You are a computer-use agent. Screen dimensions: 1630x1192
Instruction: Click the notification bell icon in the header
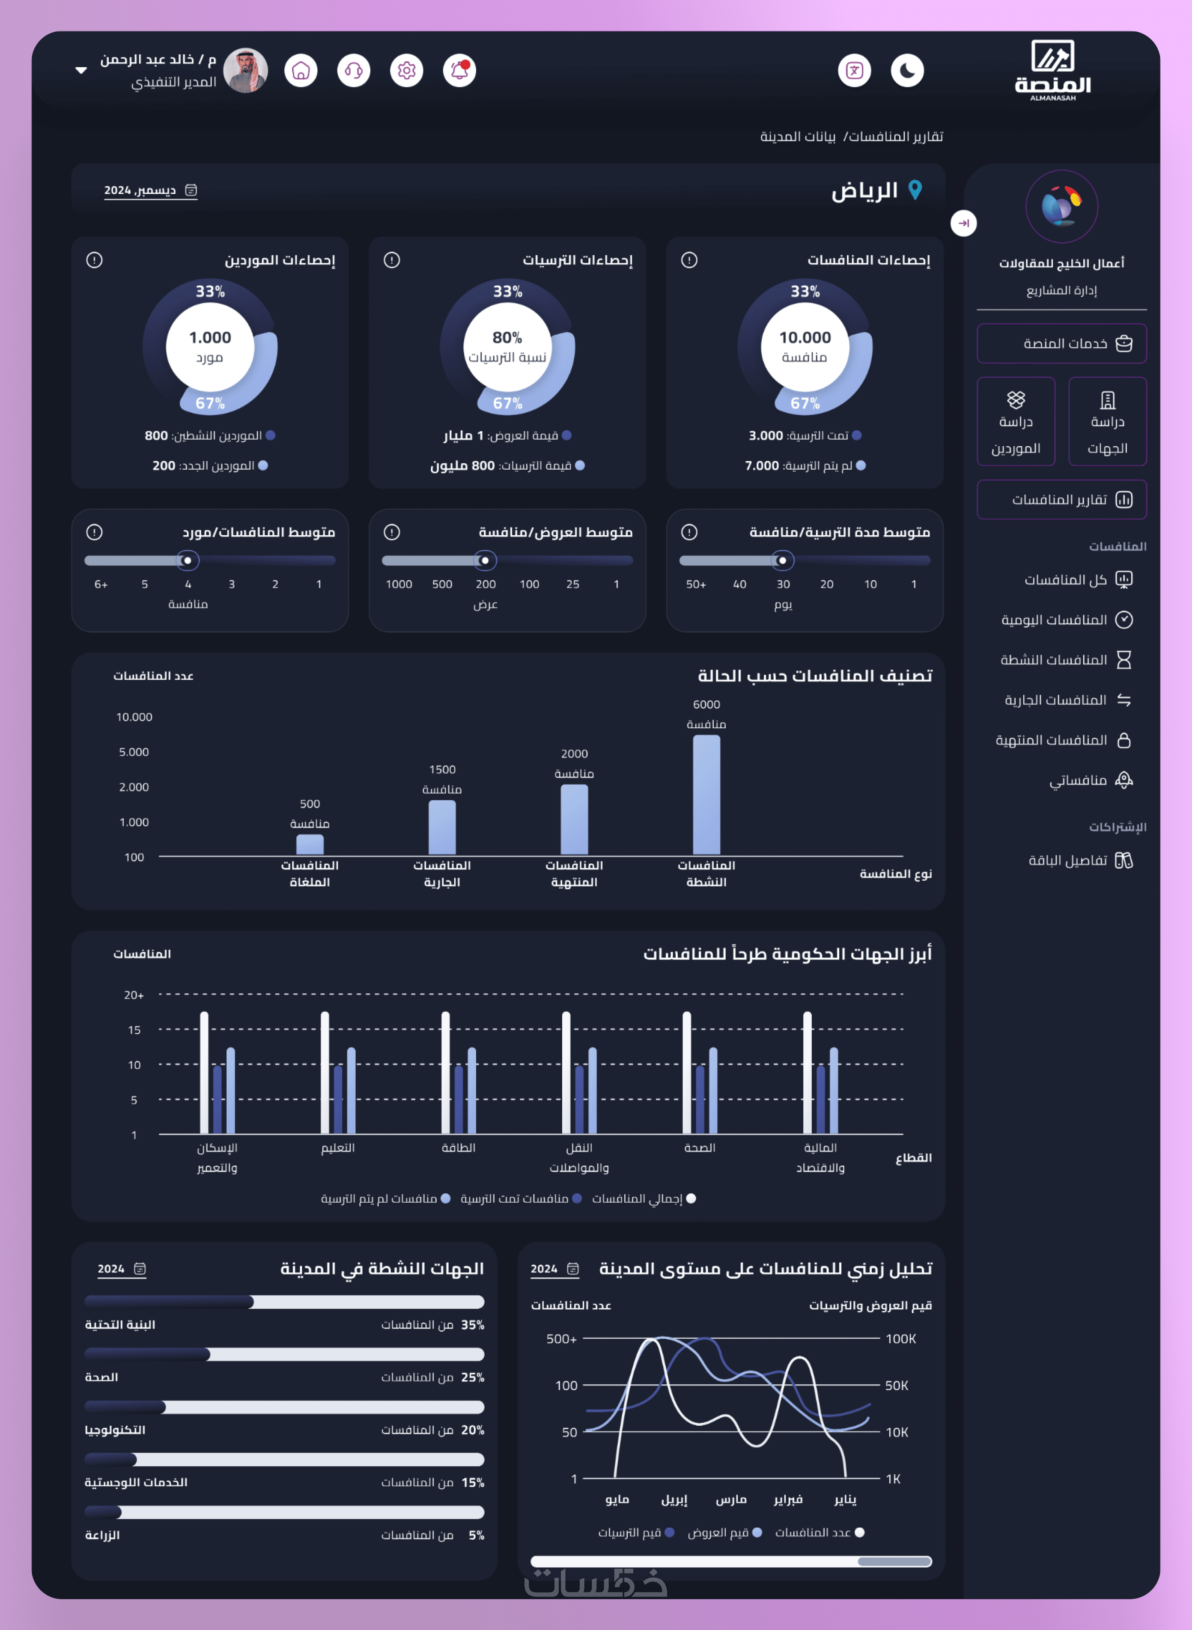tap(459, 71)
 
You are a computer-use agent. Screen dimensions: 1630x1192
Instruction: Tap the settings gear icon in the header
tap(407, 71)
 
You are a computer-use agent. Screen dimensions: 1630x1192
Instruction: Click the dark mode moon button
tap(907, 71)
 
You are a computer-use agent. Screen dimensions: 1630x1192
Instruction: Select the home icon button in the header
tap(301, 71)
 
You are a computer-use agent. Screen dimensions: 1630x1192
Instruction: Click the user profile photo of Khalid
tap(245, 71)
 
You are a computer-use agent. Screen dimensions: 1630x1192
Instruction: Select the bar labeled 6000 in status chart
tap(706, 794)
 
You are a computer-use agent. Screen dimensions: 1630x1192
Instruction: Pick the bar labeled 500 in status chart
tap(310, 844)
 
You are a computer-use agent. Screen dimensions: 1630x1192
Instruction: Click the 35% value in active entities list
tap(473, 1325)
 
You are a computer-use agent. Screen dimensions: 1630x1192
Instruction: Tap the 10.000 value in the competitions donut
tap(805, 338)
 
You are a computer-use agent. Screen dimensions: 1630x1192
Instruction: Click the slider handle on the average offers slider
tap(485, 560)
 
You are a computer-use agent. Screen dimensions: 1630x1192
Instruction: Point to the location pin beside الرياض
tap(915, 190)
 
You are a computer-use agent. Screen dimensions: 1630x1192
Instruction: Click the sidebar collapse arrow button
tap(963, 223)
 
